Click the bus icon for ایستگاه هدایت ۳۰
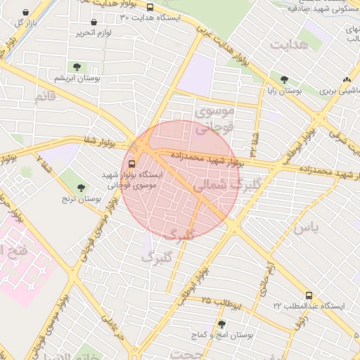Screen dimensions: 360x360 point(150,7)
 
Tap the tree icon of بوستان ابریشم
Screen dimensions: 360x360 point(77,67)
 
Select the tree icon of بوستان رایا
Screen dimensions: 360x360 point(284,80)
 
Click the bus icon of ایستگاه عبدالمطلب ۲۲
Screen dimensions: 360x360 point(309,296)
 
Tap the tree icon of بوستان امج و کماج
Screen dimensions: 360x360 point(222,324)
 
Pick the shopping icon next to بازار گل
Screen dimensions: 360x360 point(26,13)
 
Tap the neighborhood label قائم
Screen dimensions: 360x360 point(44,96)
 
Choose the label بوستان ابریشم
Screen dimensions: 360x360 point(78,78)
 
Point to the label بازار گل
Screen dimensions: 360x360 point(25,23)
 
